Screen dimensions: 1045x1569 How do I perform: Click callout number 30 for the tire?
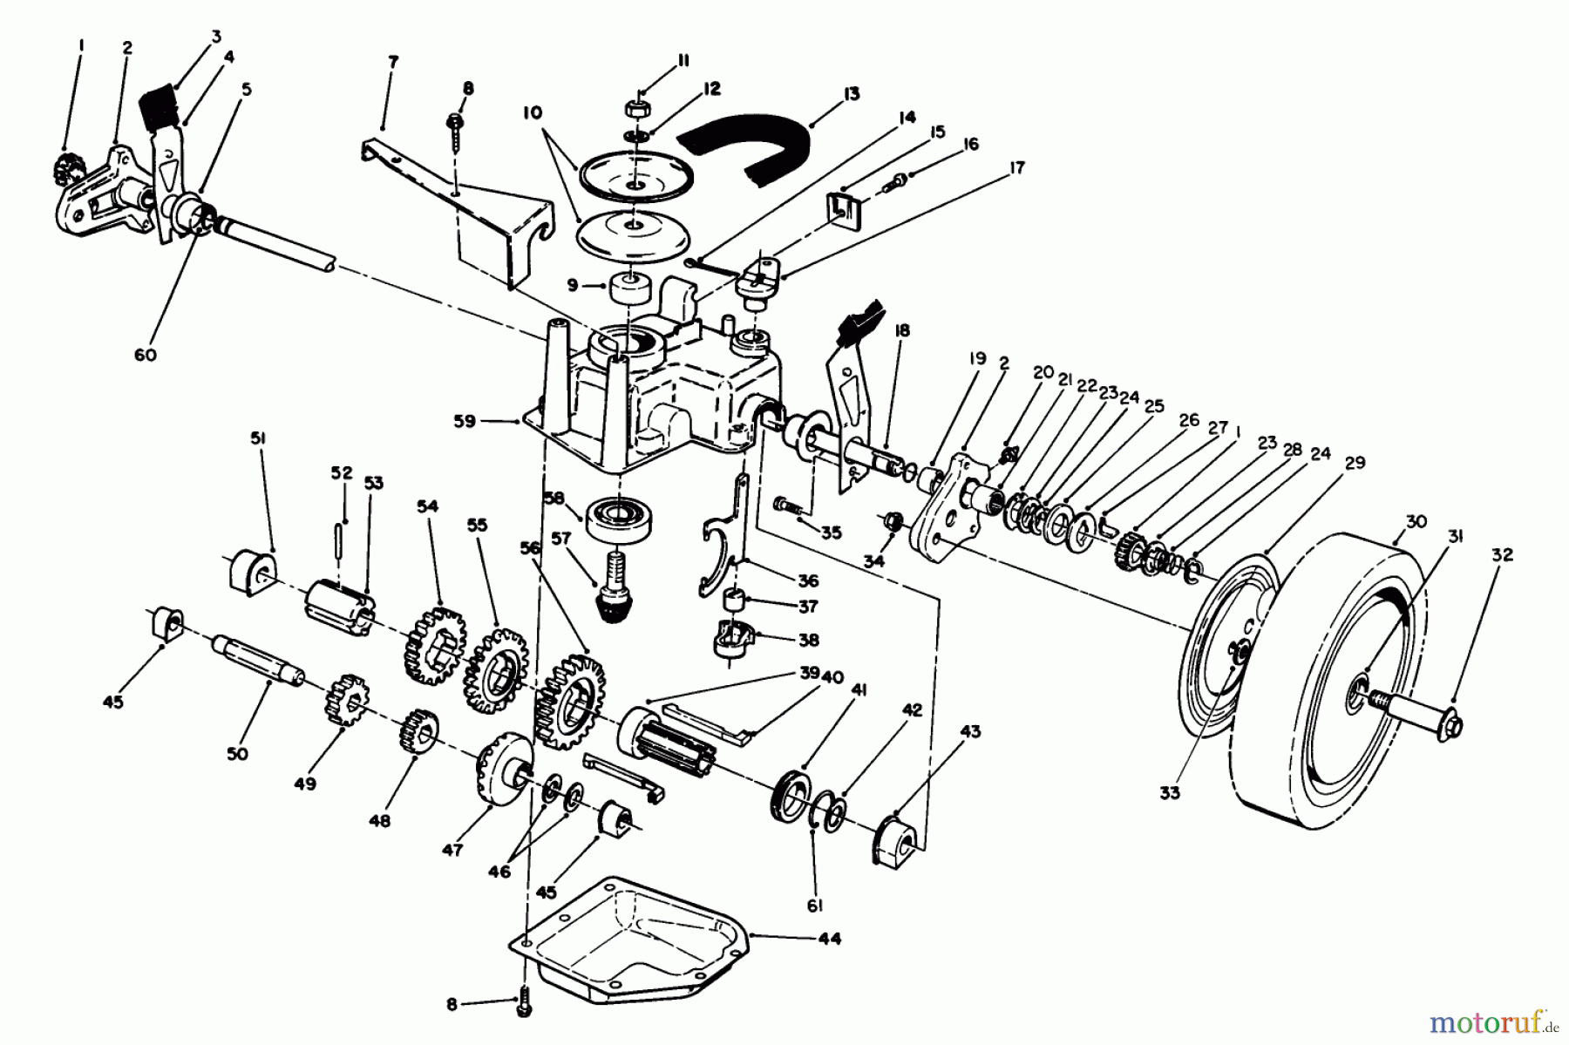(1416, 521)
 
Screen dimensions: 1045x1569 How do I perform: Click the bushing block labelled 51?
(249, 573)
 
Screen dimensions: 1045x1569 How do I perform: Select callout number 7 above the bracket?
(393, 62)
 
